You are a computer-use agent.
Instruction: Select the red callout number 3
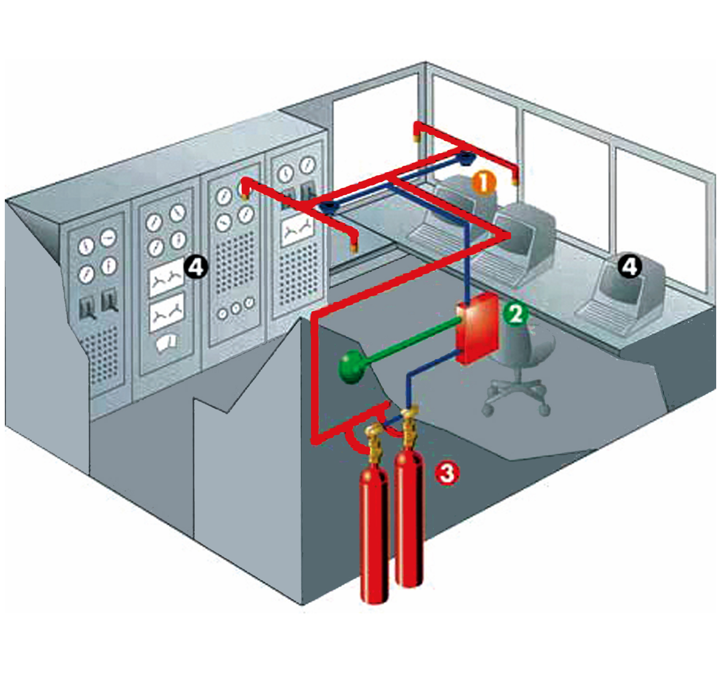coord(448,473)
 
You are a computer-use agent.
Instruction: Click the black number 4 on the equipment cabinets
coord(196,268)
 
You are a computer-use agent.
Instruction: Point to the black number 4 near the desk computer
coord(630,267)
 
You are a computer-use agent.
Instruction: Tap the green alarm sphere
coord(351,367)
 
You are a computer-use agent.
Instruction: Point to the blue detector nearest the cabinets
coord(329,207)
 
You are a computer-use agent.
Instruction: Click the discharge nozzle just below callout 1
coord(515,180)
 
